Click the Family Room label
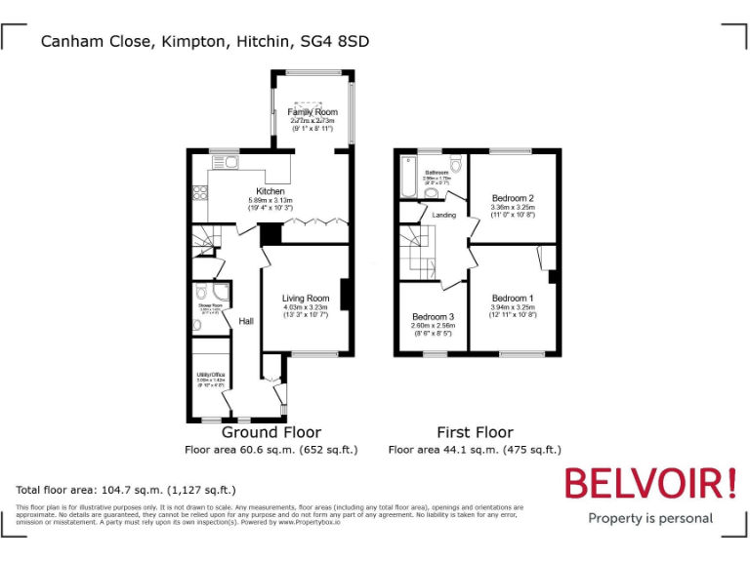coord(312,112)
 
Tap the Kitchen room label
coord(271,191)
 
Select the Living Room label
coord(306,299)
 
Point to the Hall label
coord(246,320)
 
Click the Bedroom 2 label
coord(513,198)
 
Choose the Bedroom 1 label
coord(513,299)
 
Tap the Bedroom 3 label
coord(433,317)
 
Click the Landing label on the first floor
coord(444,215)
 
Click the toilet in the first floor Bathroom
coord(456,163)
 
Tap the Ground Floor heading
coord(271,432)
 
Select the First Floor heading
coord(475,432)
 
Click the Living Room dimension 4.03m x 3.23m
coord(306,307)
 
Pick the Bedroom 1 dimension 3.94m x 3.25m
coord(513,307)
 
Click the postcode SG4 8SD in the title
coord(336,41)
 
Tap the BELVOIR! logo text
coord(648,484)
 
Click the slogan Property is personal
coord(649,518)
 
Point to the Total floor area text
coord(126,490)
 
